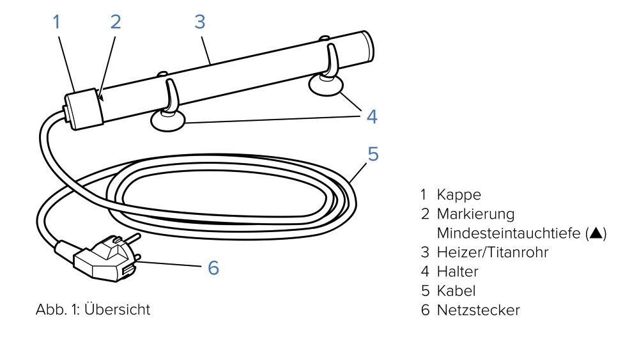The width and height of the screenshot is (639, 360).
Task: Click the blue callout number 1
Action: [57, 22]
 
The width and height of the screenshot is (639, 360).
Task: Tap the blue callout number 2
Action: [116, 22]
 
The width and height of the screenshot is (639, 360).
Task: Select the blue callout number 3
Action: [199, 22]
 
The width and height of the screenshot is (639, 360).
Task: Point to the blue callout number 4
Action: [372, 116]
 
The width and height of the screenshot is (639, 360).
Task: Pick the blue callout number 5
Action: [373, 154]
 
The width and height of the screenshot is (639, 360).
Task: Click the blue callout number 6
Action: [213, 268]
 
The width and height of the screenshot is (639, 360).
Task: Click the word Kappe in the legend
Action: [459, 195]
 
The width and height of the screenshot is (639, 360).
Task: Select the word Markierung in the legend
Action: [475, 214]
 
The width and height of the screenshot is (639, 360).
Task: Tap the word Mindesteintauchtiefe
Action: [509, 233]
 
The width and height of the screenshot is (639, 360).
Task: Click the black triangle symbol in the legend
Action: [596, 233]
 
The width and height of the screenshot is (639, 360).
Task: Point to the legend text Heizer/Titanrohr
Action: [492, 253]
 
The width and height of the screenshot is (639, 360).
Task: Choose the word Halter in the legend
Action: [458, 272]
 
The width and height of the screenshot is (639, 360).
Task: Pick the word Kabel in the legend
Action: [456, 291]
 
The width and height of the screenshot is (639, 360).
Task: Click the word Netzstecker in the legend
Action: [478, 310]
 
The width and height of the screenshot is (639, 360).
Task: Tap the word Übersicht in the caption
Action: [118, 309]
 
